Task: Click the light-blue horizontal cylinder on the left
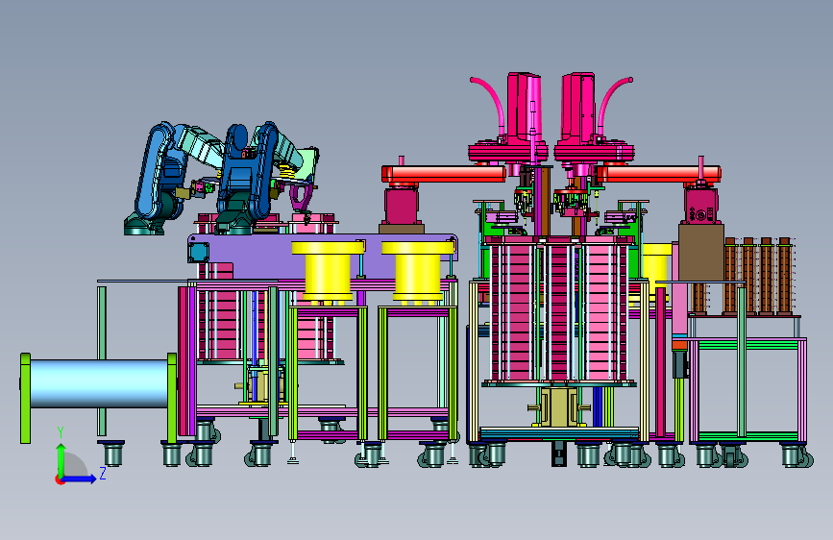99,383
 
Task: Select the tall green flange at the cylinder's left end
25,398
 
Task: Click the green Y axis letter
61,432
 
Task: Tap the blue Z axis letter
103,473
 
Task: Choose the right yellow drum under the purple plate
418,271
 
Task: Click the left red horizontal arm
444,174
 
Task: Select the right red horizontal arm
658,174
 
